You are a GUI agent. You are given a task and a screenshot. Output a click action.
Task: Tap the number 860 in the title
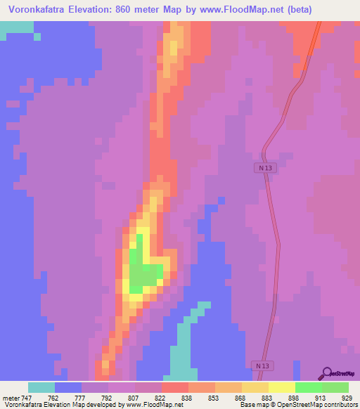pos(129,10)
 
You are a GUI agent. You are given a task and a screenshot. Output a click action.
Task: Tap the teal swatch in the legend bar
pos(41,387)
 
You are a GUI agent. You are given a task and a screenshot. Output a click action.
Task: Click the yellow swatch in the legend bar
pos(281,387)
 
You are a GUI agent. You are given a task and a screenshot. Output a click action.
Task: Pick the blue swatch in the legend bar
pos(67,387)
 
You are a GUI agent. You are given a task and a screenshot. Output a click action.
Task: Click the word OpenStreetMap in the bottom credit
pos(292,405)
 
